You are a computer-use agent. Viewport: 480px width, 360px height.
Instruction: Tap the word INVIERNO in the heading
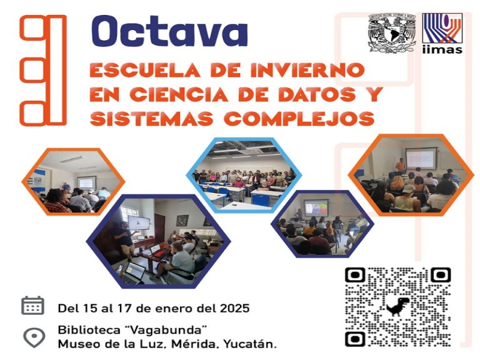click(308, 70)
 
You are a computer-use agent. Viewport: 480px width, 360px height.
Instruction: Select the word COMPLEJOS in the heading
click(299, 118)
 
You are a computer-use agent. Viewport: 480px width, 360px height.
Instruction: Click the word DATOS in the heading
click(314, 94)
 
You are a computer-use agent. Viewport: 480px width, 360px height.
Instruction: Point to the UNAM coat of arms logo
click(392, 33)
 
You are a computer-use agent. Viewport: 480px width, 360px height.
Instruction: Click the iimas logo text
click(442, 50)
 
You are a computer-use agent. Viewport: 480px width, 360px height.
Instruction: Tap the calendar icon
click(33, 305)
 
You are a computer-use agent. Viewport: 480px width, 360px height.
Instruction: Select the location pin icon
click(34, 337)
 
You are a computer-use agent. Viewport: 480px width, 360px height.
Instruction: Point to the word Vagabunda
click(166, 330)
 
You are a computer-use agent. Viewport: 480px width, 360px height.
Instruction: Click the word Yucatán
click(250, 344)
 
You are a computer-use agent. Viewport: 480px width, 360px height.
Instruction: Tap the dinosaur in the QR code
click(398, 307)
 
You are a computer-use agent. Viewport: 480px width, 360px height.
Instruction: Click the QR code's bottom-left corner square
click(355, 339)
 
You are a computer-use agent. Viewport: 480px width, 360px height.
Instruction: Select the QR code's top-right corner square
click(440, 275)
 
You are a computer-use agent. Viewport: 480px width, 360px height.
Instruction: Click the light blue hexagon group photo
click(244, 175)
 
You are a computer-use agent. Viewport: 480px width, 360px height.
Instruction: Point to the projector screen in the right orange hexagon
click(419, 158)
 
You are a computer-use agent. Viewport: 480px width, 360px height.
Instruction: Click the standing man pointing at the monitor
click(125, 238)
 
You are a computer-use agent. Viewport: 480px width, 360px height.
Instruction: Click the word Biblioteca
click(89, 330)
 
